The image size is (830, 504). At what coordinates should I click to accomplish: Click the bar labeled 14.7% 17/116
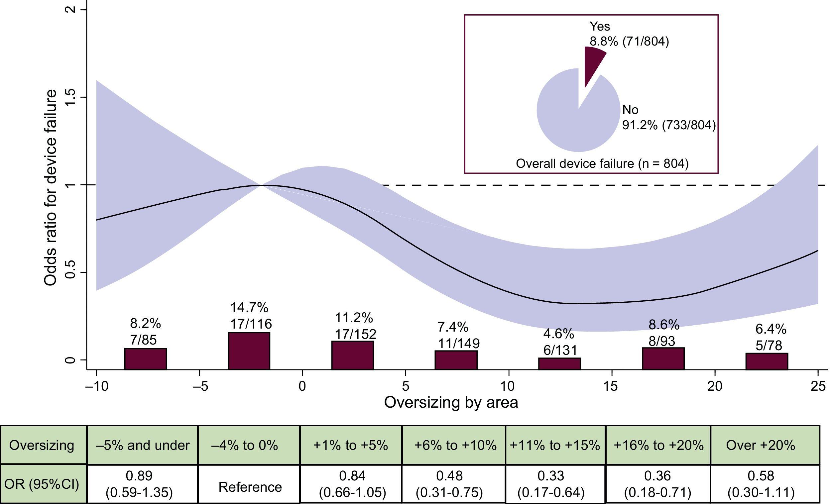249,351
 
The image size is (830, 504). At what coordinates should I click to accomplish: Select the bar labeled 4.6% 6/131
559,363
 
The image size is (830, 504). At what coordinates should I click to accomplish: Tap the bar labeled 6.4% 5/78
767,361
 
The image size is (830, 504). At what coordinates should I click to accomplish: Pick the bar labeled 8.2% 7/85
146,358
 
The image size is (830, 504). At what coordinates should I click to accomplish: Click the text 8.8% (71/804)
629,42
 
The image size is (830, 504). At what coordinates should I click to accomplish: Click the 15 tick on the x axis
611,386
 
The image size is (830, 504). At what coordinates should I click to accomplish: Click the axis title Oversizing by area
451,403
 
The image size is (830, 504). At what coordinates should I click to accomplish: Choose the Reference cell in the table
250,487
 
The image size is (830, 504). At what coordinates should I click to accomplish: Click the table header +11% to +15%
555,445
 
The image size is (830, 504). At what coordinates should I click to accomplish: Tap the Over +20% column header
761,445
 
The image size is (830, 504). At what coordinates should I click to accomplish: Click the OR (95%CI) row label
42,484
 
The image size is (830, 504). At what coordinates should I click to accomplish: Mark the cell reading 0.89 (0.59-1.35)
139,484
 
